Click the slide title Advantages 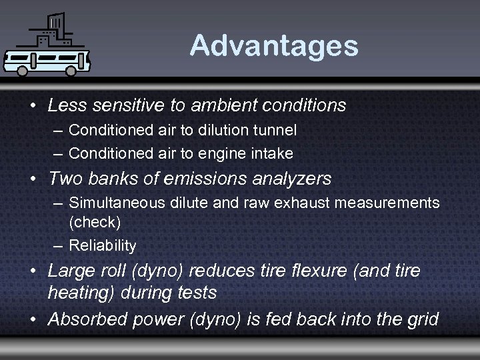(x=273, y=46)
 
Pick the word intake (x=274, y=153)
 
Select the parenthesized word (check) (x=95, y=222)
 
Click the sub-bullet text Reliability (x=103, y=246)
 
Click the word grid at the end (x=420, y=319)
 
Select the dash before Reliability (x=57, y=246)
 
